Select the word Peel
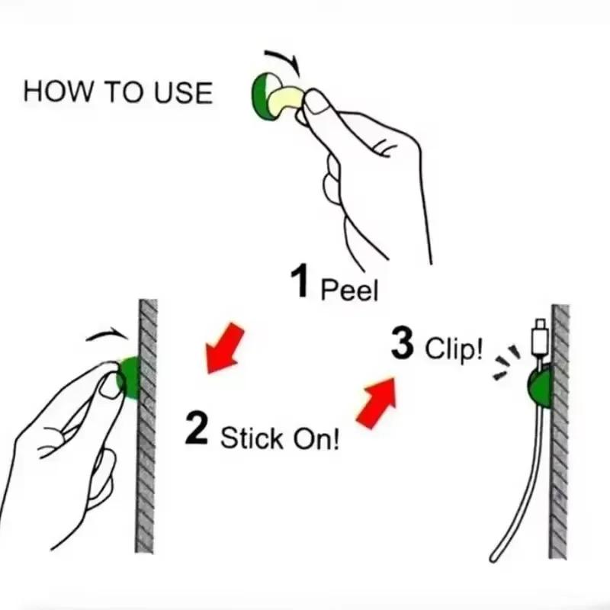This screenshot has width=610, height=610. [349, 290]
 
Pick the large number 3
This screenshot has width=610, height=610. [403, 343]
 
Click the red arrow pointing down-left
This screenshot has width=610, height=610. [225, 348]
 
